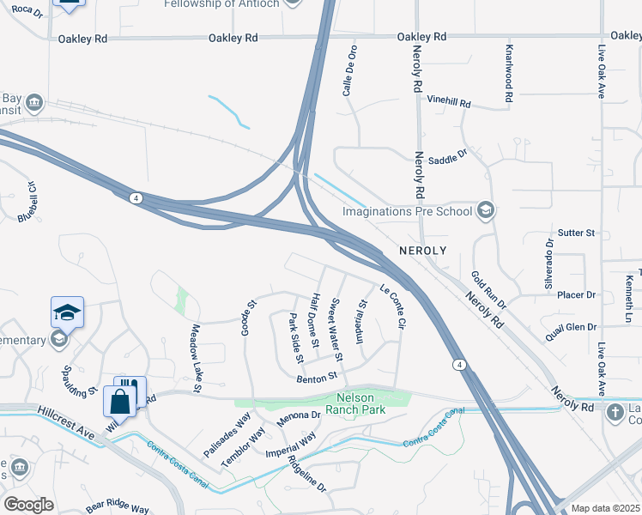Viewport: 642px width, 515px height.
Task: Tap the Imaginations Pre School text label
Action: [408, 211]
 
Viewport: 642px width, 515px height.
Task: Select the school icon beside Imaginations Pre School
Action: [486, 210]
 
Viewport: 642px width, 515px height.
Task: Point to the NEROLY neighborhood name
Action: [423, 250]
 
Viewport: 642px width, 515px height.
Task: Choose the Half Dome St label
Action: [316, 320]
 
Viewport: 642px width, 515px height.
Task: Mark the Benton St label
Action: [318, 377]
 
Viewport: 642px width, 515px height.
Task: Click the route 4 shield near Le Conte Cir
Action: [461, 366]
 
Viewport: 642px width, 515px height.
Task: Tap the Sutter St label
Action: [576, 233]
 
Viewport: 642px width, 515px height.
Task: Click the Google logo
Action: [28, 505]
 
